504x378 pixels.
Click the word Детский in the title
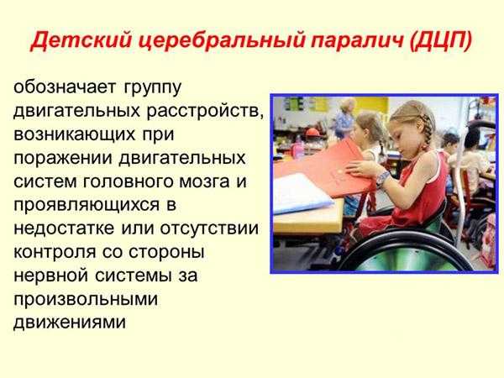(x=81, y=41)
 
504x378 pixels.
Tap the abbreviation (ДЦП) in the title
(x=441, y=41)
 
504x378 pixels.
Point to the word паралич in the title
(x=357, y=41)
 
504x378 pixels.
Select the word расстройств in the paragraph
(x=205, y=111)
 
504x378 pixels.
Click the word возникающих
(x=74, y=134)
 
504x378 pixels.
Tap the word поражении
(x=63, y=159)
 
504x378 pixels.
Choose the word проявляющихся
(x=87, y=206)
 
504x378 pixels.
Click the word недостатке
(x=64, y=228)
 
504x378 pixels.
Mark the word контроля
(x=55, y=252)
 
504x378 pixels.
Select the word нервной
(x=50, y=276)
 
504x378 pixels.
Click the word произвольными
(x=86, y=300)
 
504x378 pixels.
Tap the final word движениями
(x=70, y=323)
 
